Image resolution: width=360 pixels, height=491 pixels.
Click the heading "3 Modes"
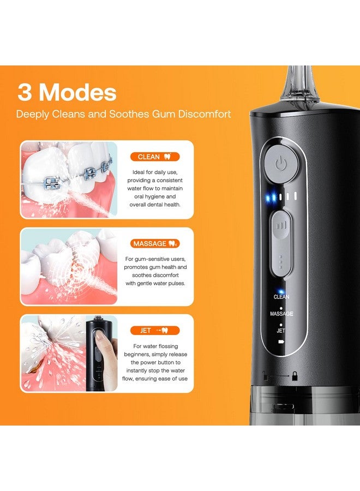pyautogui.click(x=67, y=92)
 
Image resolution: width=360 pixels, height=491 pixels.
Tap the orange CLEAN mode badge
pyautogui.click(x=155, y=157)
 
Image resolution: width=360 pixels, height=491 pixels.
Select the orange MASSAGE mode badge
pyautogui.click(x=155, y=243)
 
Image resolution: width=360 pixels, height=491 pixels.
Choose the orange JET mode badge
pyautogui.click(x=155, y=330)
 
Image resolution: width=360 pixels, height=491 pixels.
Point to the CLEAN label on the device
pyautogui.click(x=281, y=297)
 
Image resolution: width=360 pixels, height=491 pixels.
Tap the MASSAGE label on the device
pyautogui.click(x=281, y=314)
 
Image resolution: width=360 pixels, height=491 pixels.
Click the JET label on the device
pyautogui.click(x=281, y=331)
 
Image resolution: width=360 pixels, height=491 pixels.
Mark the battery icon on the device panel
pyautogui.click(x=281, y=341)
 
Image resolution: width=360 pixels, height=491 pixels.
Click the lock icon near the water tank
pyautogui.click(x=294, y=375)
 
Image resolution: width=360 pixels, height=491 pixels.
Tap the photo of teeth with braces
pyautogui.click(x=69, y=180)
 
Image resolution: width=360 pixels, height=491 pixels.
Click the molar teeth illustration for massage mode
pyautogui.click(x=69, y=267)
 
